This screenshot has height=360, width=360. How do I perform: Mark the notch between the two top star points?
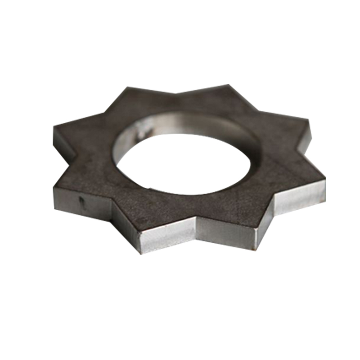tap(175, 93)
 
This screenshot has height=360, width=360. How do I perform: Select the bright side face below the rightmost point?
tap(299, 198)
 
